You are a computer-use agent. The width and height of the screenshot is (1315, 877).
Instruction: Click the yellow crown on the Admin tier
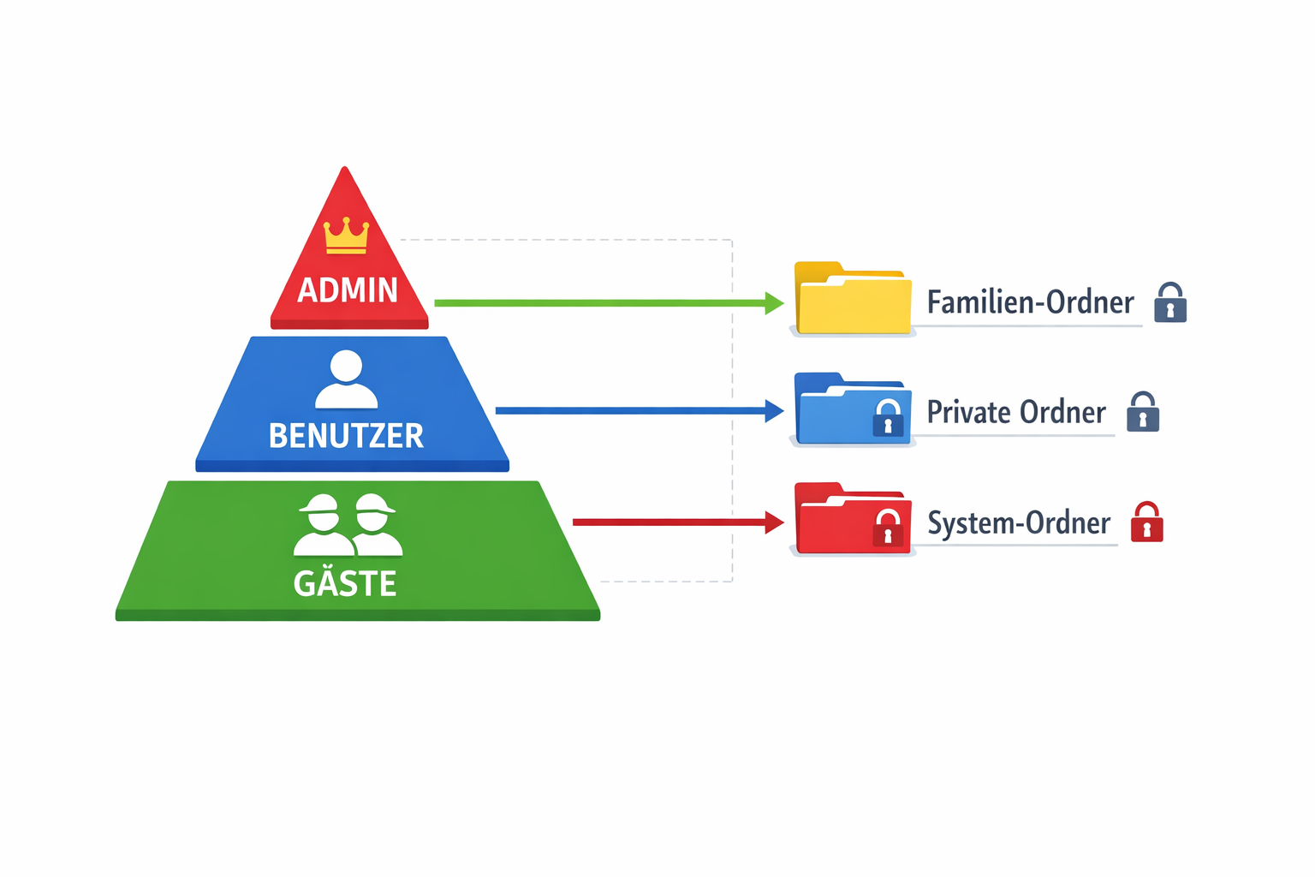pos(346,236)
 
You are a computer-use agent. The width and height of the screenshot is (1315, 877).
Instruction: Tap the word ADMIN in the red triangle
pos(348,290)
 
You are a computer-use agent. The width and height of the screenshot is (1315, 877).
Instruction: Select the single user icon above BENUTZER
pos(346,379)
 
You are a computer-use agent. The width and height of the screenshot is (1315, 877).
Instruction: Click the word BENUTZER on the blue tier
pos(346,436)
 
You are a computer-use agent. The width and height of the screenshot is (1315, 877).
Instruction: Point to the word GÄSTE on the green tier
pos(345,583)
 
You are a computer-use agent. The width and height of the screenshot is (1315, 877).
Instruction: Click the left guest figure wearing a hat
pos(323,525)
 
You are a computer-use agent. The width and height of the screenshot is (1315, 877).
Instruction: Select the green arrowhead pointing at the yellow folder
pos(774,302)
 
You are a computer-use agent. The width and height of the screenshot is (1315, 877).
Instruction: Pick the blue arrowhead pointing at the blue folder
pos(774,411)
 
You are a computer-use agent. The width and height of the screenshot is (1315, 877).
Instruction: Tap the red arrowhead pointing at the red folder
pos(774,522)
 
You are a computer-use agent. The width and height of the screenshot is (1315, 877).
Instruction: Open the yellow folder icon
pos(852,300)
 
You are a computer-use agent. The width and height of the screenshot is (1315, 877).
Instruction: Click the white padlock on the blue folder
pos(888,418)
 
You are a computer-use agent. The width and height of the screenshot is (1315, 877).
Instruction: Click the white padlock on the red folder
pos(888,528)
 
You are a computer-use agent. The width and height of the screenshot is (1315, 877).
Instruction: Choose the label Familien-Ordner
pos(1030,302)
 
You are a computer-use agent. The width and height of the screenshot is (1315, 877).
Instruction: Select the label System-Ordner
pos(1019,522)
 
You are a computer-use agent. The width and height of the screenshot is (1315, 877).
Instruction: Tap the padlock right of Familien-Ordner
pos(1170,302)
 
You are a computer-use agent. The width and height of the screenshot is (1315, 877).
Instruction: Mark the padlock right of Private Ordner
pos(1143,412)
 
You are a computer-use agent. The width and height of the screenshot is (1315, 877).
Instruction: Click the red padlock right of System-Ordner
pos(1147,522)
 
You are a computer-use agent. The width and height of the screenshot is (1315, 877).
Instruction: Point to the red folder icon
pos(852,519)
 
